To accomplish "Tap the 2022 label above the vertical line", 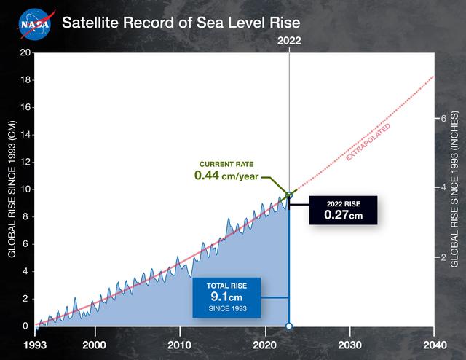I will pyautogui.click(x=289, y=42).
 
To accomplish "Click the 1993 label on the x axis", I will pyautogui.click(x=35, y=344).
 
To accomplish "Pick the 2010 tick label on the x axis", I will pyautogui.click(x=180, y=344).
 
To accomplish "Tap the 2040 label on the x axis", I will pyautogui.click(x=435, y=344).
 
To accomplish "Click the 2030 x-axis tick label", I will pyautogui.click(x=349, y=344).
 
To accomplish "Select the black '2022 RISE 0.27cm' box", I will pyautogui.click(x=343, y=210).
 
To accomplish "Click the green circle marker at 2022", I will pyautogui.click(x=289, y=195).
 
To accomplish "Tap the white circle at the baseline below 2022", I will pyautogui.click(x=289, y=326).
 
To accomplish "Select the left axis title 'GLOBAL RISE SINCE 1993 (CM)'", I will pyautogui.click(x=12, y=189).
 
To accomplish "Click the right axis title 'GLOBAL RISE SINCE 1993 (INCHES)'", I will pyautogui.click(x=454, y=189).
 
